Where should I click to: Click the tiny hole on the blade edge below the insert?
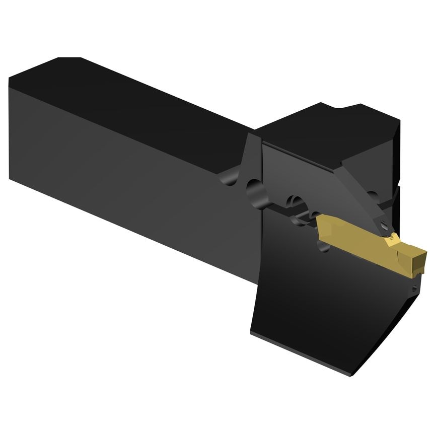tap(413, 289)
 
